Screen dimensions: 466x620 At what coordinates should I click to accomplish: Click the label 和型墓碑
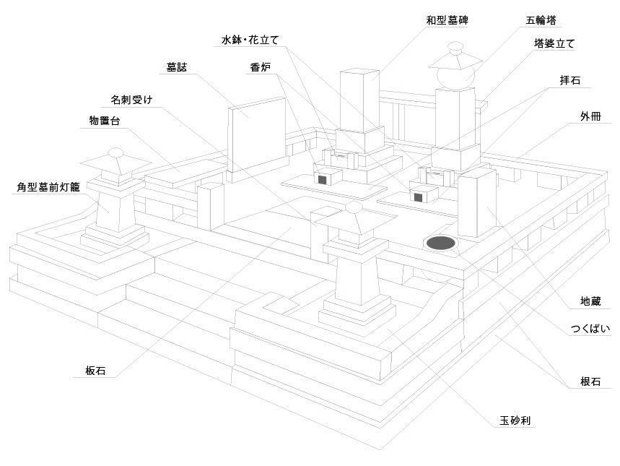[447, 21]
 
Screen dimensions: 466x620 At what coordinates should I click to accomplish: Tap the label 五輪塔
[541, 20]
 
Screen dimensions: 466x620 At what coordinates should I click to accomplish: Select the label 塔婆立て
[554, 44]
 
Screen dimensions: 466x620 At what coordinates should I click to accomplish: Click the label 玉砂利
[516, 420]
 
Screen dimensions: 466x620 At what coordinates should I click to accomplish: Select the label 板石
[95, 371]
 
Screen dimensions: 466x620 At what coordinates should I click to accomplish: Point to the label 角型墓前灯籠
[48, 187]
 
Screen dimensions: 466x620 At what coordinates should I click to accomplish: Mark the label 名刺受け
[131, 98]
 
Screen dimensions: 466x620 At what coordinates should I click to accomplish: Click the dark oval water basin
[440, 244]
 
